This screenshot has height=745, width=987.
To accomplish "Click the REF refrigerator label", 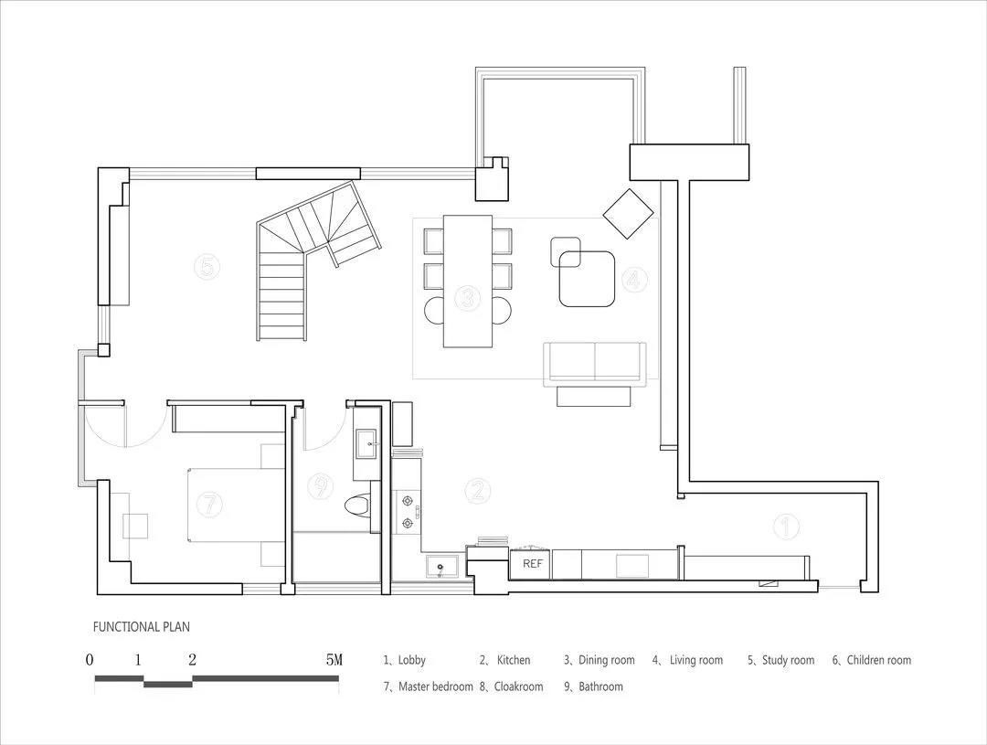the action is (533, 564).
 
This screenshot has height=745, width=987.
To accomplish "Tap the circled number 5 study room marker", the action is (207, 266).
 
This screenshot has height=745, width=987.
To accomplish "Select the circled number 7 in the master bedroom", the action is (209, 504).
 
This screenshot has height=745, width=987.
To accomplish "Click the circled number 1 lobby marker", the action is (786, 526).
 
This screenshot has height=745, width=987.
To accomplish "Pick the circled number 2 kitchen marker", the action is (478, 490).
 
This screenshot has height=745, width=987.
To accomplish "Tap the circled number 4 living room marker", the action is (634, 280).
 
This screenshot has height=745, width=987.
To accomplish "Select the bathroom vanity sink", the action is (367, 443).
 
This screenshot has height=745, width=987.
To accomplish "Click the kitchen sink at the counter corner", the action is (440, 567).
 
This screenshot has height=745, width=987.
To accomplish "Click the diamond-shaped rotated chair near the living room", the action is (628, 214).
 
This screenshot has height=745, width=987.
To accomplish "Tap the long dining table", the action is (468, 281).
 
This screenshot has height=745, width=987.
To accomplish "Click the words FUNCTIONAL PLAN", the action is (142, 627).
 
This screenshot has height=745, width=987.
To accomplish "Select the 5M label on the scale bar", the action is (334, 660).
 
